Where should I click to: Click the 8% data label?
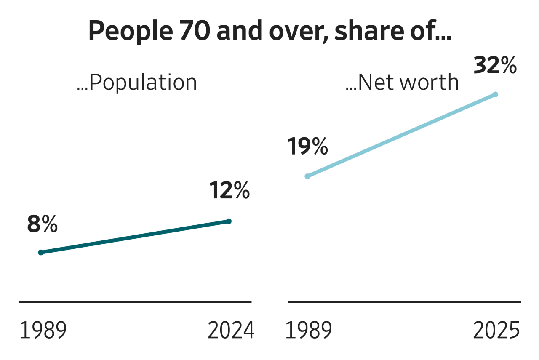(x=42, y=225)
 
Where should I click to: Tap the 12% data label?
(x=229, y=191)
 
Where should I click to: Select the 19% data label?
(x=307, y=147)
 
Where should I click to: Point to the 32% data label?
(x=495, y=66)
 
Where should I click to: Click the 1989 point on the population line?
(x=41, y=253)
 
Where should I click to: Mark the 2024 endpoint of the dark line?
(x=229, y=221)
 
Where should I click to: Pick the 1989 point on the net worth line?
(x=307, y=176)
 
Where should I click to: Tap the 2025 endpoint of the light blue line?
(x=495, y=94)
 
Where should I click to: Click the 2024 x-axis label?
(x=231, y=331)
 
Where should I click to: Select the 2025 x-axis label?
(x=497, y=331)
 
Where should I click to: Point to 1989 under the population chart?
(x=43, y=331)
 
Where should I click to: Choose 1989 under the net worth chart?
(x=309, y=331)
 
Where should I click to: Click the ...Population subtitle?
(x=137, y=83)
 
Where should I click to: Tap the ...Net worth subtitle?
(x=402, y=83)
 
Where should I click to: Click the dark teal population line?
(x=135, y=237)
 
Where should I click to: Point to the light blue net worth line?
(x=401, y=135)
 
